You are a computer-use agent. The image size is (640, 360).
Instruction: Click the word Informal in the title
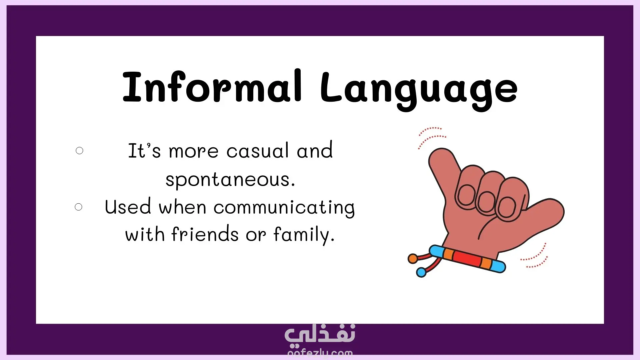[212, 86]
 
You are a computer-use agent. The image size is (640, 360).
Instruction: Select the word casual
[258, 151]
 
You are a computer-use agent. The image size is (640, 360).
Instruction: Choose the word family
[304, 235]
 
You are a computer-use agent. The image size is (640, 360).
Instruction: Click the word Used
[128, 207]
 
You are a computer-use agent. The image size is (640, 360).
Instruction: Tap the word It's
[144, 151]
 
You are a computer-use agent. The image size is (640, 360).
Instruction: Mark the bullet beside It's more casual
[79, 151]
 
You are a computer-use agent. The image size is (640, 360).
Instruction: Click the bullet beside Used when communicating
[79, 207]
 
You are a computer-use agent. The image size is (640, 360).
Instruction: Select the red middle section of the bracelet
[467, 259]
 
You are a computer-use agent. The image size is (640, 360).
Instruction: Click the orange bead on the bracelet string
[413, 258]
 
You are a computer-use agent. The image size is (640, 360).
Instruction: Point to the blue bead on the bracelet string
[421, 272]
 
